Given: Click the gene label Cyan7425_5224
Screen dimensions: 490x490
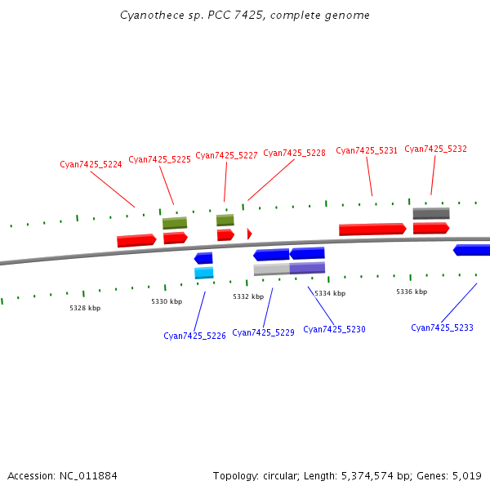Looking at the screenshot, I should click(x=91, y=164).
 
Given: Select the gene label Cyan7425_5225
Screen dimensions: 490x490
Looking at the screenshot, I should click(x=159, y=159).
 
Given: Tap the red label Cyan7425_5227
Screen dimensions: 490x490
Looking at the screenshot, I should click(x=226, y=155).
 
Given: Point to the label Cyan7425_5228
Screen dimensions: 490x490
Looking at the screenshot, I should click(x=294, y=153).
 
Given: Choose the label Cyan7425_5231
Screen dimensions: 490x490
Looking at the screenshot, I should click(x=367, y=150).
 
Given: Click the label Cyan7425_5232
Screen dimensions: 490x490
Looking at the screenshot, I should click(x=435, y=149).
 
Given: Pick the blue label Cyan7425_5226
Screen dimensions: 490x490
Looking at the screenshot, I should click(x=194, y=336).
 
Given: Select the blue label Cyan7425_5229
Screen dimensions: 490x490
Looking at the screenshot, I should click(x=263, y=332).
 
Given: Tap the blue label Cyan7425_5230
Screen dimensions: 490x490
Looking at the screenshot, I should click(x=334, y=329).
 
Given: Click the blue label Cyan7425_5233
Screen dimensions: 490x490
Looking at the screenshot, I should click(x=442, y=327).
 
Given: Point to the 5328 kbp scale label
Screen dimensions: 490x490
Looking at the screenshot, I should click(x=85, y=308).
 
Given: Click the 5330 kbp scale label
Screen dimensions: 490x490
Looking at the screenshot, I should click(x=167, y=301).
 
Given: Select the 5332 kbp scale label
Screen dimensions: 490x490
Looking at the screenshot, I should click(x=248, y=296).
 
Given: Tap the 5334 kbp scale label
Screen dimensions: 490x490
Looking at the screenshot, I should click(x=330, y=293).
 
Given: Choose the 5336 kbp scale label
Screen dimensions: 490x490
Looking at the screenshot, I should click(x=412, y=292).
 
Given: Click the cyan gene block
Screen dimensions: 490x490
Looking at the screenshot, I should click(x=204, y=273).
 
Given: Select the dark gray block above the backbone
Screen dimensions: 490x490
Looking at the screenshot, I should click(x=430, y=213).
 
